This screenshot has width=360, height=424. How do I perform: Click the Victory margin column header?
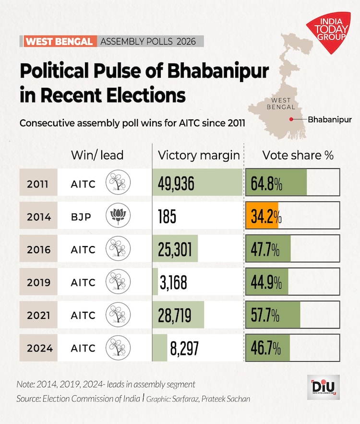[x=198, y=155]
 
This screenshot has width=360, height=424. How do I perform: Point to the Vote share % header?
[x=298, y=155]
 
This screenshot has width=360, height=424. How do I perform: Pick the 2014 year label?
[x=39, y=216]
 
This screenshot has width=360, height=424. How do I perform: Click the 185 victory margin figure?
[x=167, y=217]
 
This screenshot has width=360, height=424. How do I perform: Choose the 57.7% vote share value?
[x=265, y=316]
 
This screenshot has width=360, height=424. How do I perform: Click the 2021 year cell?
[x=39, y=315]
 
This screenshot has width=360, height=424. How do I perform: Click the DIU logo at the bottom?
[x=323, y=387]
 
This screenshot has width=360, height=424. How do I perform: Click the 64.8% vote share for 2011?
[x=265, y=184]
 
